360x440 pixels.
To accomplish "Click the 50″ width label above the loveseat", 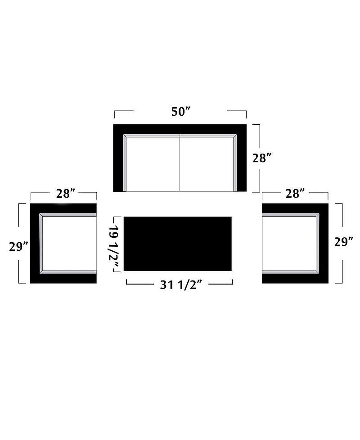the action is pos(181,111).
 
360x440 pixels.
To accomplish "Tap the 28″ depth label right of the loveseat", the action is pos(262,158).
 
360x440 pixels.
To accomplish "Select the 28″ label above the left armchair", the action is pos(66,194).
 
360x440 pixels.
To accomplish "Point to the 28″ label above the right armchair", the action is pos(295,194).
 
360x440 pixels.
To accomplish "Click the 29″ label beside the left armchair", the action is pos(19,247).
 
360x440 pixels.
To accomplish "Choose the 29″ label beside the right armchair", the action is pos(344,242).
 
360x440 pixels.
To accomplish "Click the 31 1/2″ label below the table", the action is pos(181,285).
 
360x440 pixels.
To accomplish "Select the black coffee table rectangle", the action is pos(177,244).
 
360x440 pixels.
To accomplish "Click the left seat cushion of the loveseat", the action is pos(153,164).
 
